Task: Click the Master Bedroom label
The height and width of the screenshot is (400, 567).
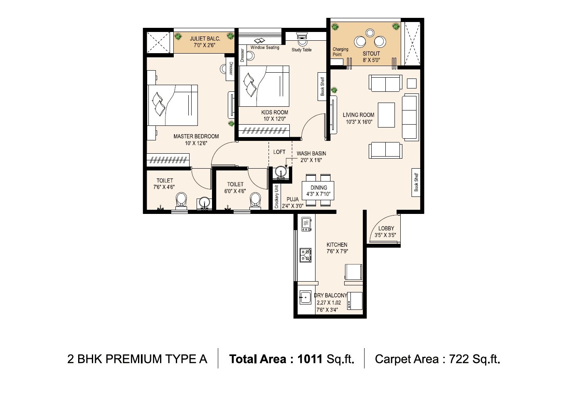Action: (x=196, y=136)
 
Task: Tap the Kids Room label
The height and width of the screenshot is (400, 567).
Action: (x=274, y=112)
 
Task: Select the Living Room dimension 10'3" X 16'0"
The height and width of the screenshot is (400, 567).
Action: (x=359, y=122)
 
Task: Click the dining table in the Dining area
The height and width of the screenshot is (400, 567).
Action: (x=318, y=191)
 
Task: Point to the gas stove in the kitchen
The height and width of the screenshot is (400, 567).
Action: (x=306, y=255)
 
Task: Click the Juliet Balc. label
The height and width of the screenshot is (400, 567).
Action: (x=205, y=39)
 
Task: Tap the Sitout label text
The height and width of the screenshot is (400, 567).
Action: (x=371, y=54)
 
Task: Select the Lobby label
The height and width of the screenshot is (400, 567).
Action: (x=386, y=228)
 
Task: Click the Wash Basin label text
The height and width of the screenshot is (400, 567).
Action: (x=311, y=153)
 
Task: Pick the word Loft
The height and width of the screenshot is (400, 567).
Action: (x=279, y=152)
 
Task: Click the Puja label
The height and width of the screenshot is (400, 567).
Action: (x=292, y=199)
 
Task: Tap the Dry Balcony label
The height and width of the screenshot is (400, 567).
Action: (x=330, y=295)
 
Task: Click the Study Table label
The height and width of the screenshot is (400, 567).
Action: (x=301, y=50)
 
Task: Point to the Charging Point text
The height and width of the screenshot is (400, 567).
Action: (x=340, y=52)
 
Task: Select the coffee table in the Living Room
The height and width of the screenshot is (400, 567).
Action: (x=386, y=115)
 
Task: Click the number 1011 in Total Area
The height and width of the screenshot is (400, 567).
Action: (x=310, y=359)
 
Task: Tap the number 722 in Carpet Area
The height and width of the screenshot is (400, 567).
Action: (x=459, y=359)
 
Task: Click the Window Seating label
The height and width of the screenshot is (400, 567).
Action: (x=265, y=48)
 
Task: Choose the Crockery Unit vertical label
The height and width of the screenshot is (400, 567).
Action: (x=276, y=196)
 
